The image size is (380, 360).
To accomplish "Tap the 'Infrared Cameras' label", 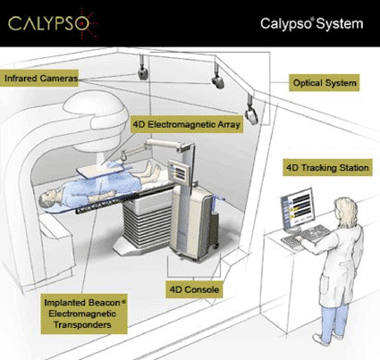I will tap(39, 79).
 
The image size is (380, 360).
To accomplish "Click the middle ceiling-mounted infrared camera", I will tap(217, 81).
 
